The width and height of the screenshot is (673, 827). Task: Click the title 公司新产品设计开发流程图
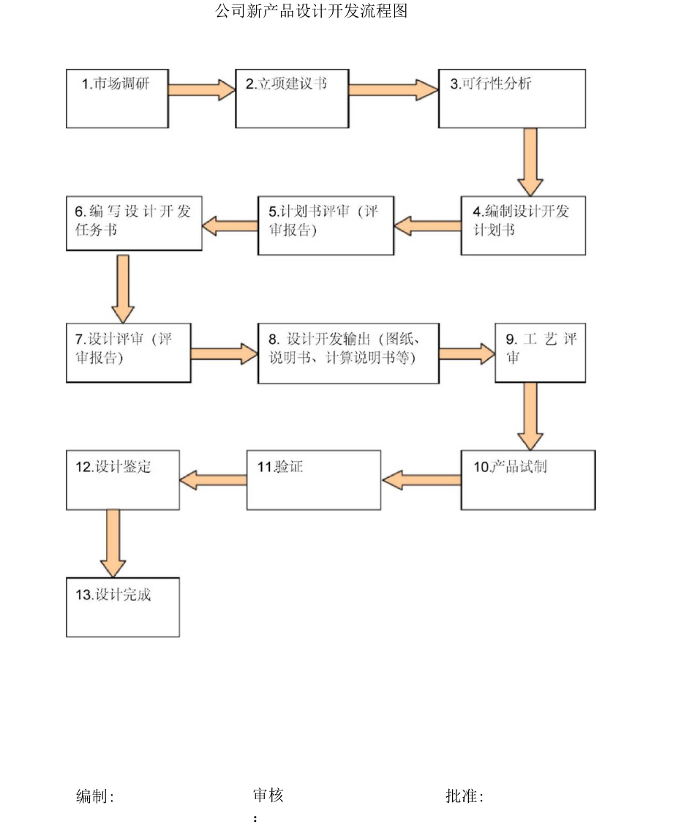click(x=312, y=11)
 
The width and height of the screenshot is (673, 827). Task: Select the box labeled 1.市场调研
click(x=117, y=98)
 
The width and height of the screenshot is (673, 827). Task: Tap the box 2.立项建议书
click(x=291, y=98)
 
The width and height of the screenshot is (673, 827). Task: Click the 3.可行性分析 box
click(x=511, y=98)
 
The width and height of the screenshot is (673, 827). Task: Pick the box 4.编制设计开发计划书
click(x=522, y=225)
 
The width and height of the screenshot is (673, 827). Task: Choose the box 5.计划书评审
click(x=326, y=225)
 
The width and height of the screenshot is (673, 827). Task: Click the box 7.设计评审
click(x=128, y=352)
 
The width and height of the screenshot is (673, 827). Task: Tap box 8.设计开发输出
click(x=348, y=352)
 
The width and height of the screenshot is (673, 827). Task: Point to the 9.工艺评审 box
click(x=540, y=352)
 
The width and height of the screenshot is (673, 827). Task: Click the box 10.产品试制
click(x=527, y=479)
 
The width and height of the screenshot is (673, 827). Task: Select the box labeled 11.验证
click(x=313, y=479)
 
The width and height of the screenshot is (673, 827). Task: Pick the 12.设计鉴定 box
click(x=122, y=479)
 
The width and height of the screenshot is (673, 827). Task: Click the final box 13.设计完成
click(x=122, y=607)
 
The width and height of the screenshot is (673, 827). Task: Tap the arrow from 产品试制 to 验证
click(x=421, y=480)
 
